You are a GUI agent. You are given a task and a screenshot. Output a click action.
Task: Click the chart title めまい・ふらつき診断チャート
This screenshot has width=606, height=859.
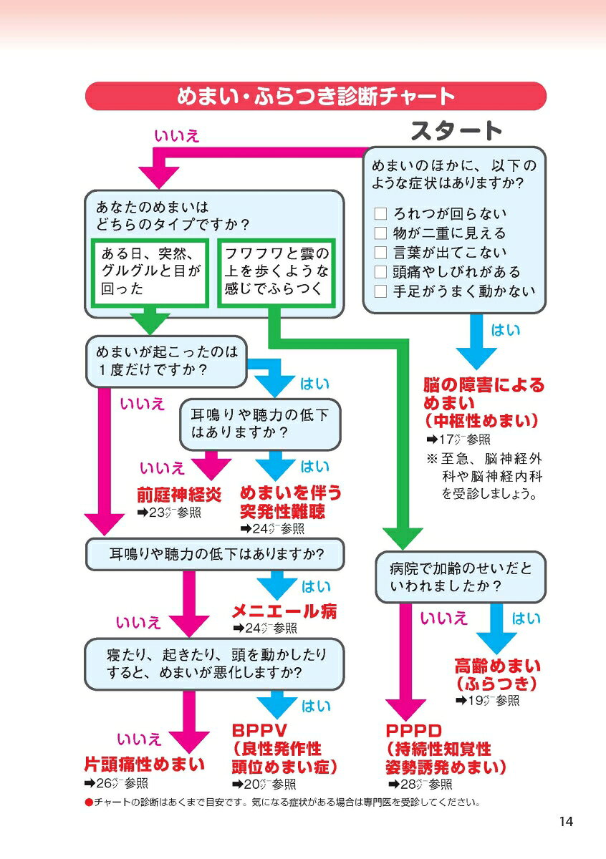pos(315,96)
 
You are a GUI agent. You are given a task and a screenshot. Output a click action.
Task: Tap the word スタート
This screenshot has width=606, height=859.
pos(456,131)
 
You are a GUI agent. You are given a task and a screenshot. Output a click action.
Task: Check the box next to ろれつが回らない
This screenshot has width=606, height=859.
pos(380,214)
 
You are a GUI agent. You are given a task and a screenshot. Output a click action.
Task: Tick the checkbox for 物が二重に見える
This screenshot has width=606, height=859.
pos(380,233)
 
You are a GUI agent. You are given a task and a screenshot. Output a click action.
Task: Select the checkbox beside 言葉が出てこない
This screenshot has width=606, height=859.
pos(380,253)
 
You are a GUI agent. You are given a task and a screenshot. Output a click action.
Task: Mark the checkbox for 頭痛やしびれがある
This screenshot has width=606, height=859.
pos(380,272)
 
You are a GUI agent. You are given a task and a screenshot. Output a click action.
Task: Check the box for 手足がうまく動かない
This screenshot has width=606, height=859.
pos(380,291)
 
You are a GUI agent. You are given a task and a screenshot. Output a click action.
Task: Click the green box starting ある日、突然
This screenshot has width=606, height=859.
pos(151,272)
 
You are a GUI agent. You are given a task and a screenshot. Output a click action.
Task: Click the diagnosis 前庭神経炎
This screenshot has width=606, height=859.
pos(179,494)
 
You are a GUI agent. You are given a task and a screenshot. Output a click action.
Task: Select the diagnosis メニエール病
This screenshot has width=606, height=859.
pos(284,611)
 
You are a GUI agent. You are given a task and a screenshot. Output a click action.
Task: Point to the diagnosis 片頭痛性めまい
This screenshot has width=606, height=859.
pos(145,764)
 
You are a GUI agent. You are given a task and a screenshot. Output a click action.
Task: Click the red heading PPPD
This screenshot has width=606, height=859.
pos(413,731)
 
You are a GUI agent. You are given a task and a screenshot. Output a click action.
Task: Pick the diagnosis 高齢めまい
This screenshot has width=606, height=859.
pos(497,666)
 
